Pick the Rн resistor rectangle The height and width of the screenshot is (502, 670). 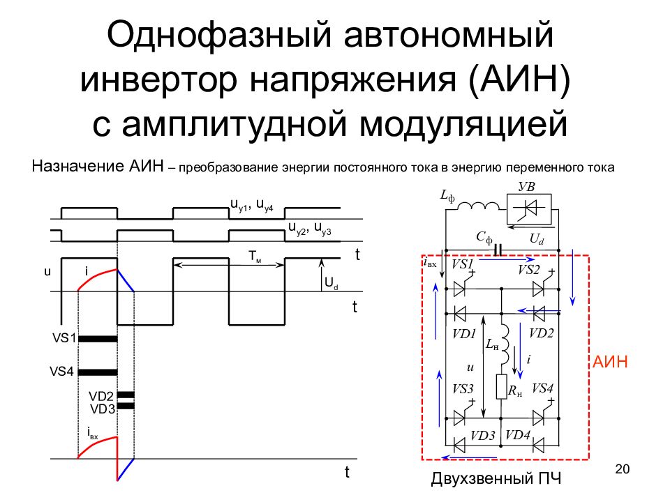pos(501,386)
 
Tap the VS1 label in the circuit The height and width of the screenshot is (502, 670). pos(463,266)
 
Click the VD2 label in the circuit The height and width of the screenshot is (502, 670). pos(541,333)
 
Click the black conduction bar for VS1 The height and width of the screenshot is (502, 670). pos(97,338)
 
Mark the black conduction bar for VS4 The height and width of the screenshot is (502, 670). pos(97,372)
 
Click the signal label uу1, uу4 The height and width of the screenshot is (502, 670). pos(252,204)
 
